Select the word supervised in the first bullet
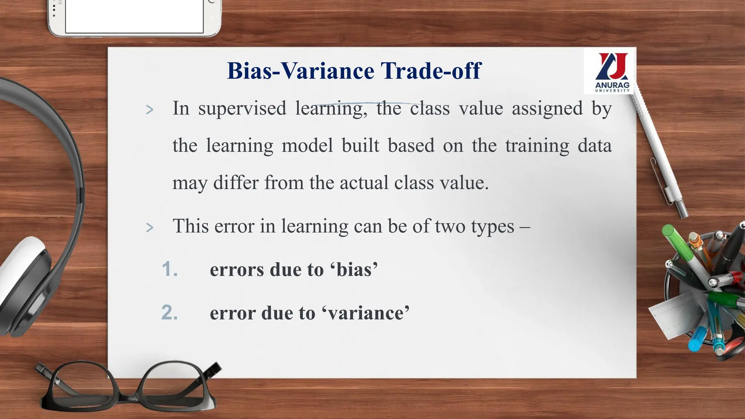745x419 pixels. (x=242, y=109)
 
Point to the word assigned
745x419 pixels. (x=547, y=109)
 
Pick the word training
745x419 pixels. (x=537, y=145)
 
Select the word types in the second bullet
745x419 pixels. (x=493, y=227)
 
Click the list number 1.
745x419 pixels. (x=170, y=270)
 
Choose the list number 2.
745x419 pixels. (x=170, y=313)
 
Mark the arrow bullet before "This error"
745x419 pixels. (x=150, y=228)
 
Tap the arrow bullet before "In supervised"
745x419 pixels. (x=150, y=109)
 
